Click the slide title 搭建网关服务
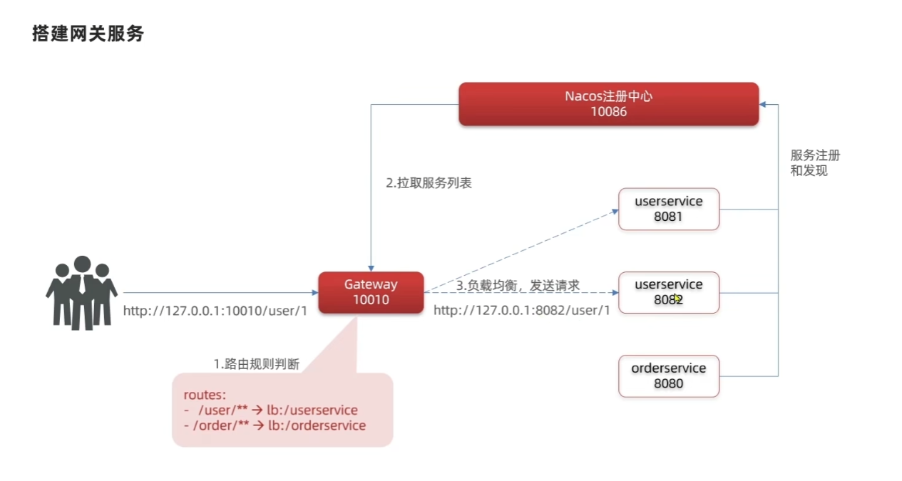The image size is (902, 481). (x=88, y=33)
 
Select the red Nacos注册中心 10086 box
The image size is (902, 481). (x=608, y=104)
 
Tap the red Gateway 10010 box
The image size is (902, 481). (x=371, y=292)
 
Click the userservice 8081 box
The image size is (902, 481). (x=668, y=209)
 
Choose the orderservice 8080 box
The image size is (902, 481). (x=668, y=376)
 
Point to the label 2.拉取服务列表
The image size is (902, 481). (x=429, y=183)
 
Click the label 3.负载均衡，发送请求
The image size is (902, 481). (x=518, y=286)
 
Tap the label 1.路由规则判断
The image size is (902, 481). (x=257, y=364)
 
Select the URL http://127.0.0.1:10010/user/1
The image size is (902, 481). (x=215, y=311)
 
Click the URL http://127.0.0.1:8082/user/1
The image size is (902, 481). (x=522, y=311)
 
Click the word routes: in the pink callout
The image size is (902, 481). (x=205, y=395)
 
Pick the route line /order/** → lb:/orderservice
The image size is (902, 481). (x=275, y=425)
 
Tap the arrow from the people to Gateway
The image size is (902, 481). (x=221, y=292)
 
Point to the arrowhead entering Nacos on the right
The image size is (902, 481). (x=764, y=104)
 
